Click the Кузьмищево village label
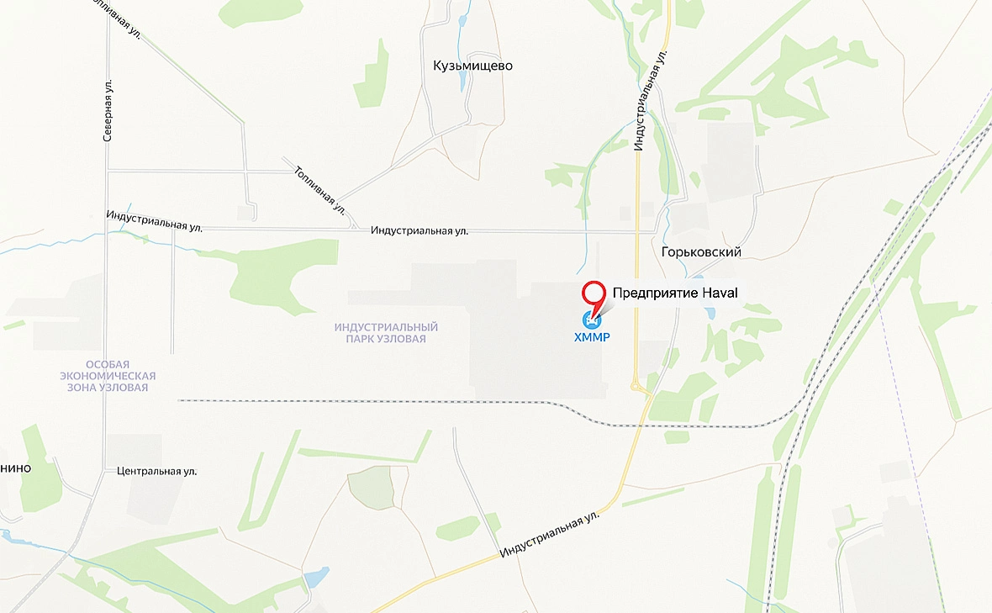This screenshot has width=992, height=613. tap(472, 66)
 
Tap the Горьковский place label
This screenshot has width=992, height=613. tap(700, 252)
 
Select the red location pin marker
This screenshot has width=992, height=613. tap(594, 295)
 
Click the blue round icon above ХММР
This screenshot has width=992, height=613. tap(591, 320)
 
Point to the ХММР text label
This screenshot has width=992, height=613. tap(590, 338)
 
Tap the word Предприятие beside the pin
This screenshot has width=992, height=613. tap(656, 292)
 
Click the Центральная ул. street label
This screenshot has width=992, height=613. tap(157, 471)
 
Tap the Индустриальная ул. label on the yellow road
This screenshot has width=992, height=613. tap(551, 536)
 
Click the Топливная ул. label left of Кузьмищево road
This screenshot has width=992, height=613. tap(319, 188)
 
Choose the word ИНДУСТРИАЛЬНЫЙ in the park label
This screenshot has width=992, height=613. tap(386, 327)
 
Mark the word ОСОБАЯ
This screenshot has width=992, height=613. tap(109, 364)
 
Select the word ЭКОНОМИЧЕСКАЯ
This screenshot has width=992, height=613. tap(109, 376)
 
